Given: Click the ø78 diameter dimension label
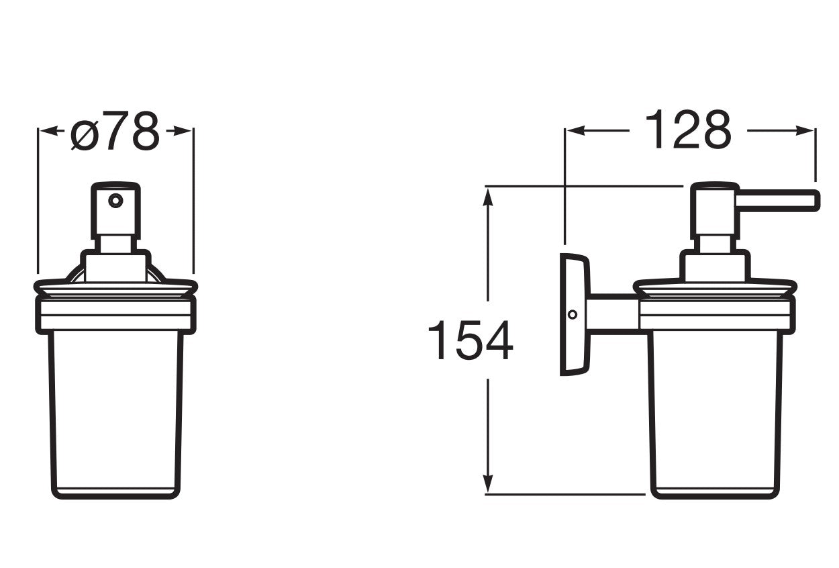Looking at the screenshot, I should pos(115,132).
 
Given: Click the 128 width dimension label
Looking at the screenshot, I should pos(687,131).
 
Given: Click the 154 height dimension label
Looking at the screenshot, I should pos(470,341).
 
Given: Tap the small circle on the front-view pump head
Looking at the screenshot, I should pos(116,200).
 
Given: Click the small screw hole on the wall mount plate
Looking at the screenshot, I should pos(572,314).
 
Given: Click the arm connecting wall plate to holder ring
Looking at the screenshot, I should pos(612,314).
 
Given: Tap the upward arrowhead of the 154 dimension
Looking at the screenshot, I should pos(489,195).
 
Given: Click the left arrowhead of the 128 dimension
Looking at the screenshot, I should pos(575,132).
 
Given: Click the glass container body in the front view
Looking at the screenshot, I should pos(116,410).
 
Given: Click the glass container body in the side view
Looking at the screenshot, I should pos(715,410).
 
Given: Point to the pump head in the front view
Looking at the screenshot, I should pos(116,208).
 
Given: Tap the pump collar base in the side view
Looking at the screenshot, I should pos(714,267).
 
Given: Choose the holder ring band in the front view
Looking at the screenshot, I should pos(116,316).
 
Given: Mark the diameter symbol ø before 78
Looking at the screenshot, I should pos(85,134).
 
